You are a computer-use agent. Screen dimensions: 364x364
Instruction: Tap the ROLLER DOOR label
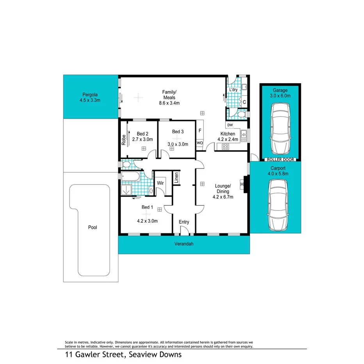tap(280, 159)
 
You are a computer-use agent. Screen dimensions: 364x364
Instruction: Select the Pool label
tap(93, 227)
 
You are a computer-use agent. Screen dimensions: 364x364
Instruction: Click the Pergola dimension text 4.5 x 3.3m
tap(90, 100)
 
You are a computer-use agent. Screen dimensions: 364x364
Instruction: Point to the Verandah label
tap(184, 244)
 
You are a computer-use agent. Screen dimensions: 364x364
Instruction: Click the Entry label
tap(184, 222)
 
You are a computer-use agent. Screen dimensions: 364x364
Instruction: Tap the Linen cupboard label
tap(177, 178)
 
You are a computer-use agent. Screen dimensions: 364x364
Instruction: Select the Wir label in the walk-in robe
tap(160, 183)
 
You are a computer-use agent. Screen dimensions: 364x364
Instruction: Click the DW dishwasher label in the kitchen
tap(230, 125)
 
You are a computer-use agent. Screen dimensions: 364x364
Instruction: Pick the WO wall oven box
tap(200, 143)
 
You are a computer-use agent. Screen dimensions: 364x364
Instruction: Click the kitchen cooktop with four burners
tap(225, 147)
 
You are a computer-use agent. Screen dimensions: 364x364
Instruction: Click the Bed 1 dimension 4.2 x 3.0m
tap(147, 221)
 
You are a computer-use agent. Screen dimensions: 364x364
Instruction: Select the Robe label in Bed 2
tap(123, 139)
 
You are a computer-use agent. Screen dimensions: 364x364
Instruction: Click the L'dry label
tap(234, 90)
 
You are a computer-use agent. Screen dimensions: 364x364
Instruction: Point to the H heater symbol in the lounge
tap(242, 184)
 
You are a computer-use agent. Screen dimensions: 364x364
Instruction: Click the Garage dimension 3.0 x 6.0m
tap(280, 96)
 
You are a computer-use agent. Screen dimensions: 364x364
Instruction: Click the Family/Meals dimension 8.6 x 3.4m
tap(169, 103)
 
